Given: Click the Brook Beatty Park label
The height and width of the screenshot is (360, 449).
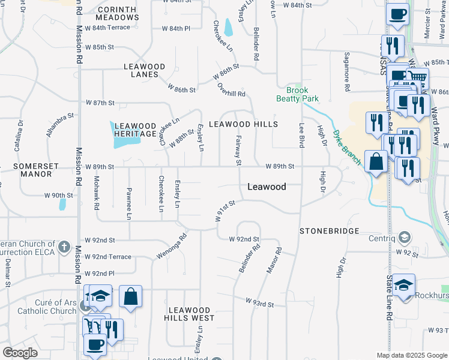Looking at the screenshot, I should [297, 94].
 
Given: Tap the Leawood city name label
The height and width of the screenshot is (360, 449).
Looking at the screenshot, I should [267, 187].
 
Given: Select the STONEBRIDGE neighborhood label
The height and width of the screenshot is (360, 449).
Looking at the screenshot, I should [330, 231].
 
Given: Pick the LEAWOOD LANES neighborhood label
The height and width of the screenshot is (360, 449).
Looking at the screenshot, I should [141, 71].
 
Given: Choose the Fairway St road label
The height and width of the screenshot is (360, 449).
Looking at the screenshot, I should [238, 150].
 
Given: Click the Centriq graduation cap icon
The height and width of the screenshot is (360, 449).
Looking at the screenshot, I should [405, 238].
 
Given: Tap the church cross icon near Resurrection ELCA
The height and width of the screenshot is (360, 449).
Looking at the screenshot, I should [64, 247].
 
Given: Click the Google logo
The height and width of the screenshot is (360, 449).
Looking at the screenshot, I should [20, 353].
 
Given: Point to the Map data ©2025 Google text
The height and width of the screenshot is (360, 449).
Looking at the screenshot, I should [411, 355].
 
